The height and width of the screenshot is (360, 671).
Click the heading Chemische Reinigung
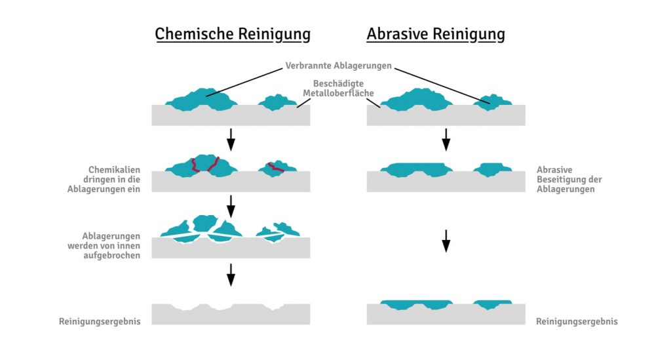pos(233,33)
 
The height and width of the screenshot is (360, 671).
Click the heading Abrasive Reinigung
pos(436,33)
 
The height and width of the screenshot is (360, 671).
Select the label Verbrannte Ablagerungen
pos(339,66)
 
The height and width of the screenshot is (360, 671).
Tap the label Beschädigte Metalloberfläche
pos(338,89)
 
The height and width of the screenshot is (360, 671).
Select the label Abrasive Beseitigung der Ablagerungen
pos(569,179)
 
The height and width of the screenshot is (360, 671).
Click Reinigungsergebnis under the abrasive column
pos(577,321)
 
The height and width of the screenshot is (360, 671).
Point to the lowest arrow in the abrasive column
pos(446,241)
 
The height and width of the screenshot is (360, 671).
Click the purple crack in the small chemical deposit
pos(277,167)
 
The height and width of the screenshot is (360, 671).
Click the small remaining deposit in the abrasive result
pos(492,304)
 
